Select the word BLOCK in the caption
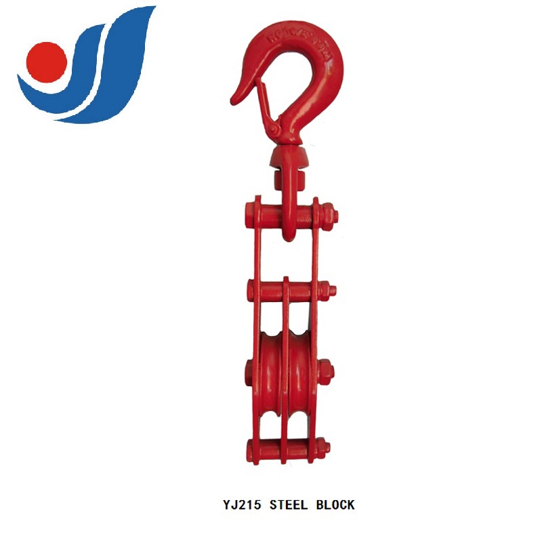pos(333,505)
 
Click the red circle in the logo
pos(45,60)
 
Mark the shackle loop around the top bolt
pos(288,217)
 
